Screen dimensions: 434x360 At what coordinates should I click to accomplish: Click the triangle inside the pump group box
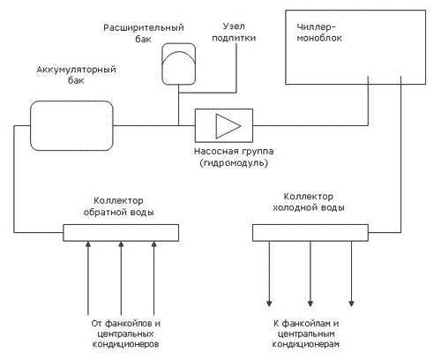pyautogui.click(x=228, y=126)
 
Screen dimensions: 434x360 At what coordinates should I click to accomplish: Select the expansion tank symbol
pyautogui.click(x=179, y=64)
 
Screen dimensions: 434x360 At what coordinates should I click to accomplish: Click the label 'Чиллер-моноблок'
pyautogui.click(x=319, y=33)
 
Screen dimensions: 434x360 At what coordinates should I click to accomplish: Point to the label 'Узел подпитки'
pyautogui.click(x=234, y=32)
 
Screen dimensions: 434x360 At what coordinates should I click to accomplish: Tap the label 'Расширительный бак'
pyautogui.click(x=144, y=34)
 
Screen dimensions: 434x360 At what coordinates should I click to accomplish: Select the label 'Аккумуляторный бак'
pyautogui.click(x=76, y=75)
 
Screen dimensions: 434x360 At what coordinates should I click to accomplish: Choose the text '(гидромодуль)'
pyautogui.click(x=234, y=162)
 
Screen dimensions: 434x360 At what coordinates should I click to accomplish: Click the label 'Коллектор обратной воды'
pyautogui.click(x=118, y=206)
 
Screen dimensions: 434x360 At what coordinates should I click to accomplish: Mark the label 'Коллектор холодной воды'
pyautogui.click(x=309, y=202)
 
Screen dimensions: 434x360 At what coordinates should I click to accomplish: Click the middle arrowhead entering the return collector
pyautogui.click(x=121, y=244)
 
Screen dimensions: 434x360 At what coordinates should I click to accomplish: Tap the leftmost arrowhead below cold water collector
pyautogui.click(x=269, y=304)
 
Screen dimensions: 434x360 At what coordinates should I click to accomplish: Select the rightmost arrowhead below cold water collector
pyautogui.click(x=351, y=304)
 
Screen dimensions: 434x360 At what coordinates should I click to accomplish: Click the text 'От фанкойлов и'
pyautogui.click(x=126, y=323)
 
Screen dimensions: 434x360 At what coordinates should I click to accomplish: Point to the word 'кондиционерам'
pyautogui.click(x=306, y=344)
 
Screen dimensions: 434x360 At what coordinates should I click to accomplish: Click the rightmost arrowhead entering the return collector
pyautogui.click(x=153, y=244)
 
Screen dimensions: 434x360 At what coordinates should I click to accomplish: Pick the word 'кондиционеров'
pyautogui.click(x=126, y=344)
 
